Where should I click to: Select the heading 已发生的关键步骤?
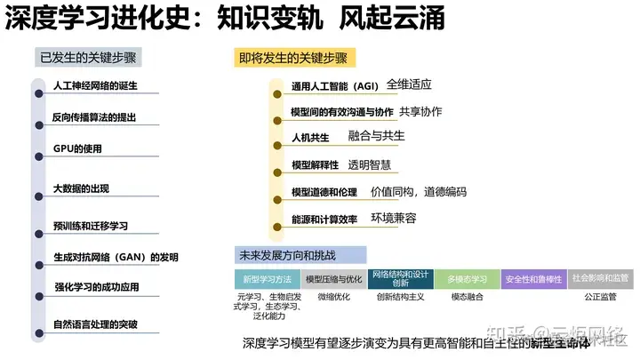click(x=90, y=59)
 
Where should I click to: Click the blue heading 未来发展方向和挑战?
click(x=286, y=255)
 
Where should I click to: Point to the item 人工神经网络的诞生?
click(x=95, y=86)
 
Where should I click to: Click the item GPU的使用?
click(x=78, y=148)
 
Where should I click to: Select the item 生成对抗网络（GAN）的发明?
click(x=116, y=258)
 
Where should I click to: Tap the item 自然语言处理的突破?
click(x=95, y=324)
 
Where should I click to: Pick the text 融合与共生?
click(x=376, y=136)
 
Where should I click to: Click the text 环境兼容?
click(x=393, y=218)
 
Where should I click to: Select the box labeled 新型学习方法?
click(x=267, y=278)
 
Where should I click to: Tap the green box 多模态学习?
click(x=466, y=278)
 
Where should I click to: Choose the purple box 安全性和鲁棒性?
click(x=532, y=278)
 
